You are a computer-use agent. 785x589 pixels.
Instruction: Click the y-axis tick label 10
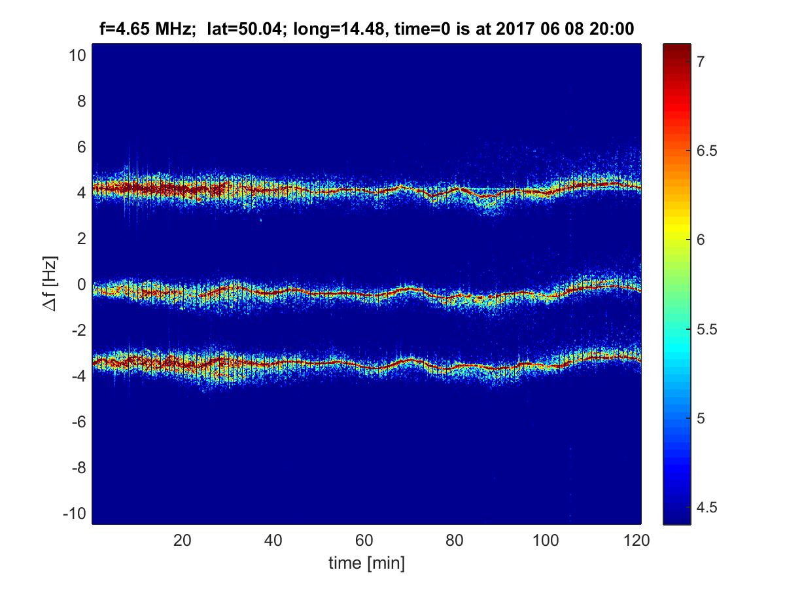[77, 56]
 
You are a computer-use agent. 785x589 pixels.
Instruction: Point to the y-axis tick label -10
[74, 513]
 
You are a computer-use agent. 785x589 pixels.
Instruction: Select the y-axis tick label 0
[80, 285]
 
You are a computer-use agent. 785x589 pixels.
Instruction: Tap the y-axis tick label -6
[77, 422]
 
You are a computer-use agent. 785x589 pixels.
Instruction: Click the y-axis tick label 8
[80, 101]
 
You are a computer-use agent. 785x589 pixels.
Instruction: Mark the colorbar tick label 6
[700, 240]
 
